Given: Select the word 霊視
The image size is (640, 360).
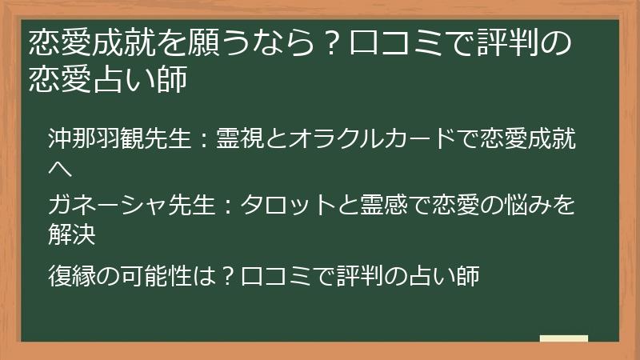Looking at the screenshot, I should pos(239,141).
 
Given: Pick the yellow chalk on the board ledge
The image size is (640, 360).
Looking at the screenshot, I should pos(564,339).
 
